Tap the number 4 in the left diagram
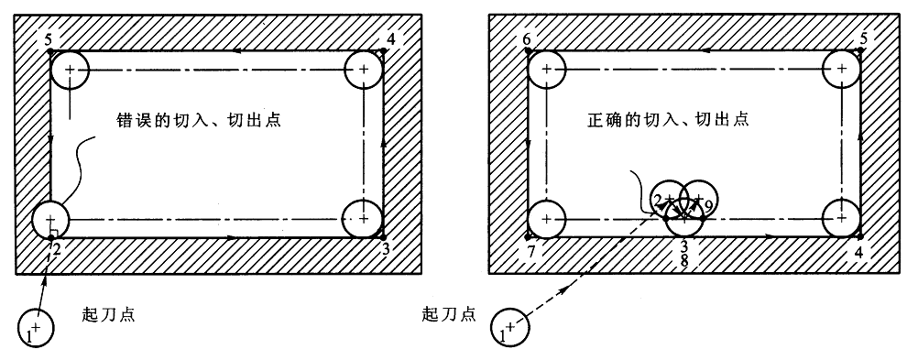(392, 38)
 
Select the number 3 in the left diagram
(387, 248)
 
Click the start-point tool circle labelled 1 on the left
(36, 326)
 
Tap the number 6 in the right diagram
(526, 40)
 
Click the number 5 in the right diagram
(864, 38)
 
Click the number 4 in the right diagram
(858, 250)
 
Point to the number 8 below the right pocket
(684, 261)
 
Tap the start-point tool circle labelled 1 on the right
(509, 326)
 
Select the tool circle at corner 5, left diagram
(70, 70)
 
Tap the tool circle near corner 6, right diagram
(547, 70)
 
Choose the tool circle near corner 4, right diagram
(840, 219)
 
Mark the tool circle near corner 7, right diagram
(547, 219)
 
